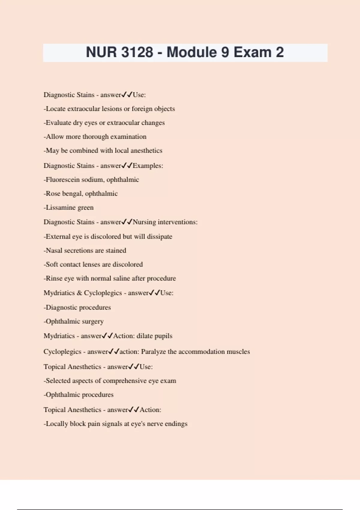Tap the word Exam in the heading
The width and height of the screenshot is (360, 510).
pyautogui.click(x=252, y=52)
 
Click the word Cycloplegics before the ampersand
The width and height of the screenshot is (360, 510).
pyautogui.click(x=103, y=293)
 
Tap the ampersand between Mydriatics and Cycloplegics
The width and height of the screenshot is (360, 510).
pyautogui.click(x=79, y=293)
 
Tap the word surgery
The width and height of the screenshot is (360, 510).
pyautogui.click(x=93, y=322)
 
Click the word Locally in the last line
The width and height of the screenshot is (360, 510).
pyautogui.click(x=57, y=424)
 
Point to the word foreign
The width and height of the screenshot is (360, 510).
pyautogui.click(x=142, y=109)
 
